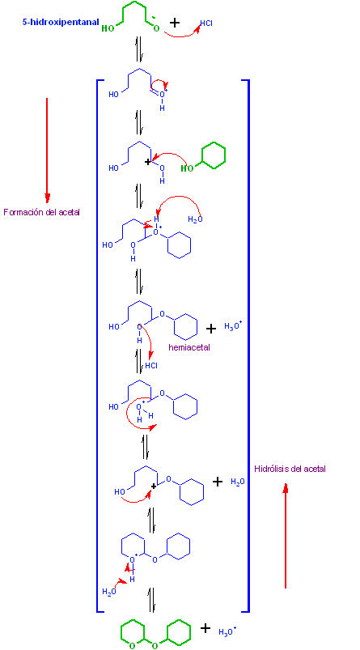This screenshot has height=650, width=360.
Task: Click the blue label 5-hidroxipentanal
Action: (61, 22)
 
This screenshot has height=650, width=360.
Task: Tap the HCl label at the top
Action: (206, 23)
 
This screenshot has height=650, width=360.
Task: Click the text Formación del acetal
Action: (41, 212)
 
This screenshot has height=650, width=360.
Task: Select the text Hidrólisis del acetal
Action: (290, 469)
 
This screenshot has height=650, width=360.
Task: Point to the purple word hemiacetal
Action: (189, 347)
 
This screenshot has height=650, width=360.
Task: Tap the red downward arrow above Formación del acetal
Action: (47, 150)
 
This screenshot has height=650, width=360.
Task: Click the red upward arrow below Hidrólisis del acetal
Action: (286, 536)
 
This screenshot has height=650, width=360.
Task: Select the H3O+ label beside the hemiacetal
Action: (233, 326)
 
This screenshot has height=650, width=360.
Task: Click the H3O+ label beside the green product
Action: (227, 631)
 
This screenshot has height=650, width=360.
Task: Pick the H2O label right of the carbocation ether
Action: (238, 482)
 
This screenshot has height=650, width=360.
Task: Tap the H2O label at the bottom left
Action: (109, 592)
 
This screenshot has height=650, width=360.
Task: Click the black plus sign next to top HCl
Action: (175, 23)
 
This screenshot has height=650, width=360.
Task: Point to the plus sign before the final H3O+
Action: (205, 628)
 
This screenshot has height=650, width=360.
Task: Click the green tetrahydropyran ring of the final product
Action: (133, 633)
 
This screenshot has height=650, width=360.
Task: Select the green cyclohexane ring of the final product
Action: (179, 632)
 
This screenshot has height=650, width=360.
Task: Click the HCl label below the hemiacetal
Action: (151, 366)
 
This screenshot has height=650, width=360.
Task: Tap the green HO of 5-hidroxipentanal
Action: (108, 28)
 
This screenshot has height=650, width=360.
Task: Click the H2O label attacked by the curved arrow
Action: (195, 219)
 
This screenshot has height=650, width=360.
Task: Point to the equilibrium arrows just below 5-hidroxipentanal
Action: (140, 49)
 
